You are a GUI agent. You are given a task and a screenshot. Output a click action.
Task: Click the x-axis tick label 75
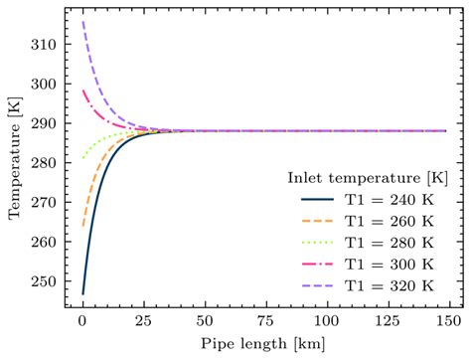pyautogui.click(x=264, y=323)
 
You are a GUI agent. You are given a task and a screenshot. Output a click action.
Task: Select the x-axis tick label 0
pyautogui.click(x=82, y=323)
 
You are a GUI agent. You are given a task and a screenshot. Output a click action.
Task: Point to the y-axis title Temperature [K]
pyautogui.click(x=16, y=164)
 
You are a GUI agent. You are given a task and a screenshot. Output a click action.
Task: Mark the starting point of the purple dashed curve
pyautogui.click(x=82, y=22)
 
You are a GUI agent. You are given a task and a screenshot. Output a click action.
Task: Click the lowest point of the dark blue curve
pyautogui.click(x=82, y=294)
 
